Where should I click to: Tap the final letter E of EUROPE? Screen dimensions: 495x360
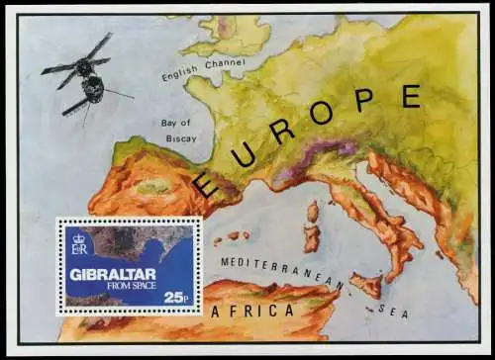409,95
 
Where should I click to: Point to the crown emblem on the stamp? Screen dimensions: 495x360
79,235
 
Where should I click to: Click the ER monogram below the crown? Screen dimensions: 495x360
79,248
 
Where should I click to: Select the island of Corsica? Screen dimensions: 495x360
313,211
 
